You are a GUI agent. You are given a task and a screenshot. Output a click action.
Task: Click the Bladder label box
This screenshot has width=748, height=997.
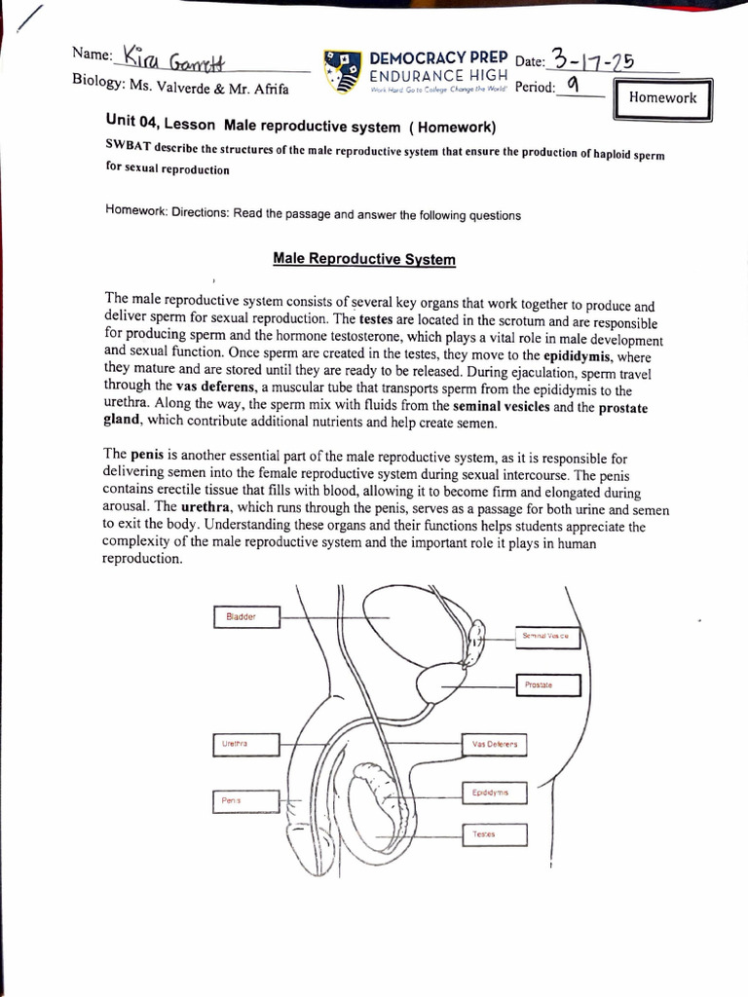click(x=245, y=617)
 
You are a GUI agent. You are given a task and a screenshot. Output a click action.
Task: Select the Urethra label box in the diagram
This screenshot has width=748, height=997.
click(x=245, y=744)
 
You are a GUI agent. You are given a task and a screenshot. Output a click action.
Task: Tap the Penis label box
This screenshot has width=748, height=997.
click(x=239, y=800)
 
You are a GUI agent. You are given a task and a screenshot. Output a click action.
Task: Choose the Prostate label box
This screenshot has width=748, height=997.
click(x=546, y=685)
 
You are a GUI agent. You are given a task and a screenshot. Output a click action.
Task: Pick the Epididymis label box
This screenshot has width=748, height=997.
click(x=493, y=794)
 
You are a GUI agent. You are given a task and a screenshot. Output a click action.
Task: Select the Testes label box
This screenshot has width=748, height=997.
click(x=493, y=834)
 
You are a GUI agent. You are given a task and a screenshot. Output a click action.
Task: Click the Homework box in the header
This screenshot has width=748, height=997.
click(x=662, y=98)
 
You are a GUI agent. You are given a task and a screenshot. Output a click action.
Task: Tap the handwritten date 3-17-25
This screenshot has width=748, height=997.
click(x=593, y=60)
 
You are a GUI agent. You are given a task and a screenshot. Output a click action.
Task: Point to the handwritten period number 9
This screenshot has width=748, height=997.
click(x=575, y=87)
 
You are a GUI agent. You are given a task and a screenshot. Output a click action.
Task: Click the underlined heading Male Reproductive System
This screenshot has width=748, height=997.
click(x=363, y=259)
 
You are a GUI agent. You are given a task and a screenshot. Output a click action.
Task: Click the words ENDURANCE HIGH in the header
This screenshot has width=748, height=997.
click(x=437, y=77)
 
